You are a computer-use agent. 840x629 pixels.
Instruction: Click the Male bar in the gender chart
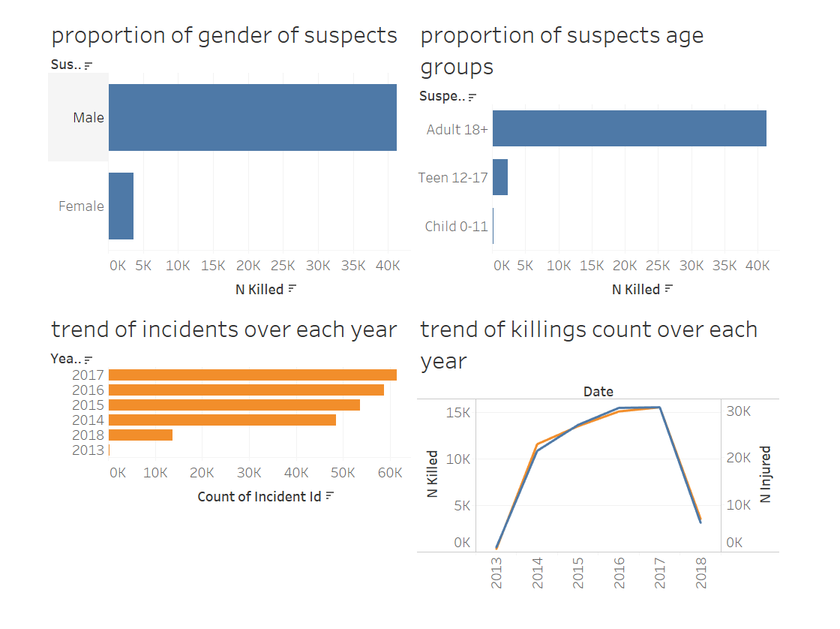coord(252,117)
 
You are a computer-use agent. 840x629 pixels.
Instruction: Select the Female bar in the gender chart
coord(121,206)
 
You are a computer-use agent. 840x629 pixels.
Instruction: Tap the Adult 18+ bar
coord(628,128)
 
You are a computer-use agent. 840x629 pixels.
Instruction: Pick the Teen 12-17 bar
coord(499,177)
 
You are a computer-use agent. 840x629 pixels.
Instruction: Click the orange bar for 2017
coord(252,375)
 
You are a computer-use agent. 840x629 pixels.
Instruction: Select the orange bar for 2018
coord(140,435)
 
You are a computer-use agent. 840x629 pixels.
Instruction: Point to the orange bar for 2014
coord(222,420)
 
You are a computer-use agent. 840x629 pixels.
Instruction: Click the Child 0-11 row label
coord(456,226)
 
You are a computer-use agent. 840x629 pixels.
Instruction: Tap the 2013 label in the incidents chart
coord(88,450)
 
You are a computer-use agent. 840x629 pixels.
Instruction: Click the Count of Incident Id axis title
coord(259,496)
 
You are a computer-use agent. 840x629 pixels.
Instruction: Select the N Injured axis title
coord(766,474)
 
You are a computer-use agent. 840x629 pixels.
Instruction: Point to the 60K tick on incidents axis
coord(390,473)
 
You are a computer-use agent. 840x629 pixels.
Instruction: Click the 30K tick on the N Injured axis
coord(736,411)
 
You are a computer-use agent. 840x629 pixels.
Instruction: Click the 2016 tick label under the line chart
coord(619,573)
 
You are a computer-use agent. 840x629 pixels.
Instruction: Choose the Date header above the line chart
coord(598,391)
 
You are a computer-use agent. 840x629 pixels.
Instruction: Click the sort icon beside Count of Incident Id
coord(329,496)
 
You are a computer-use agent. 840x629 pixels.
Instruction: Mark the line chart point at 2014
coord(538,448)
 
